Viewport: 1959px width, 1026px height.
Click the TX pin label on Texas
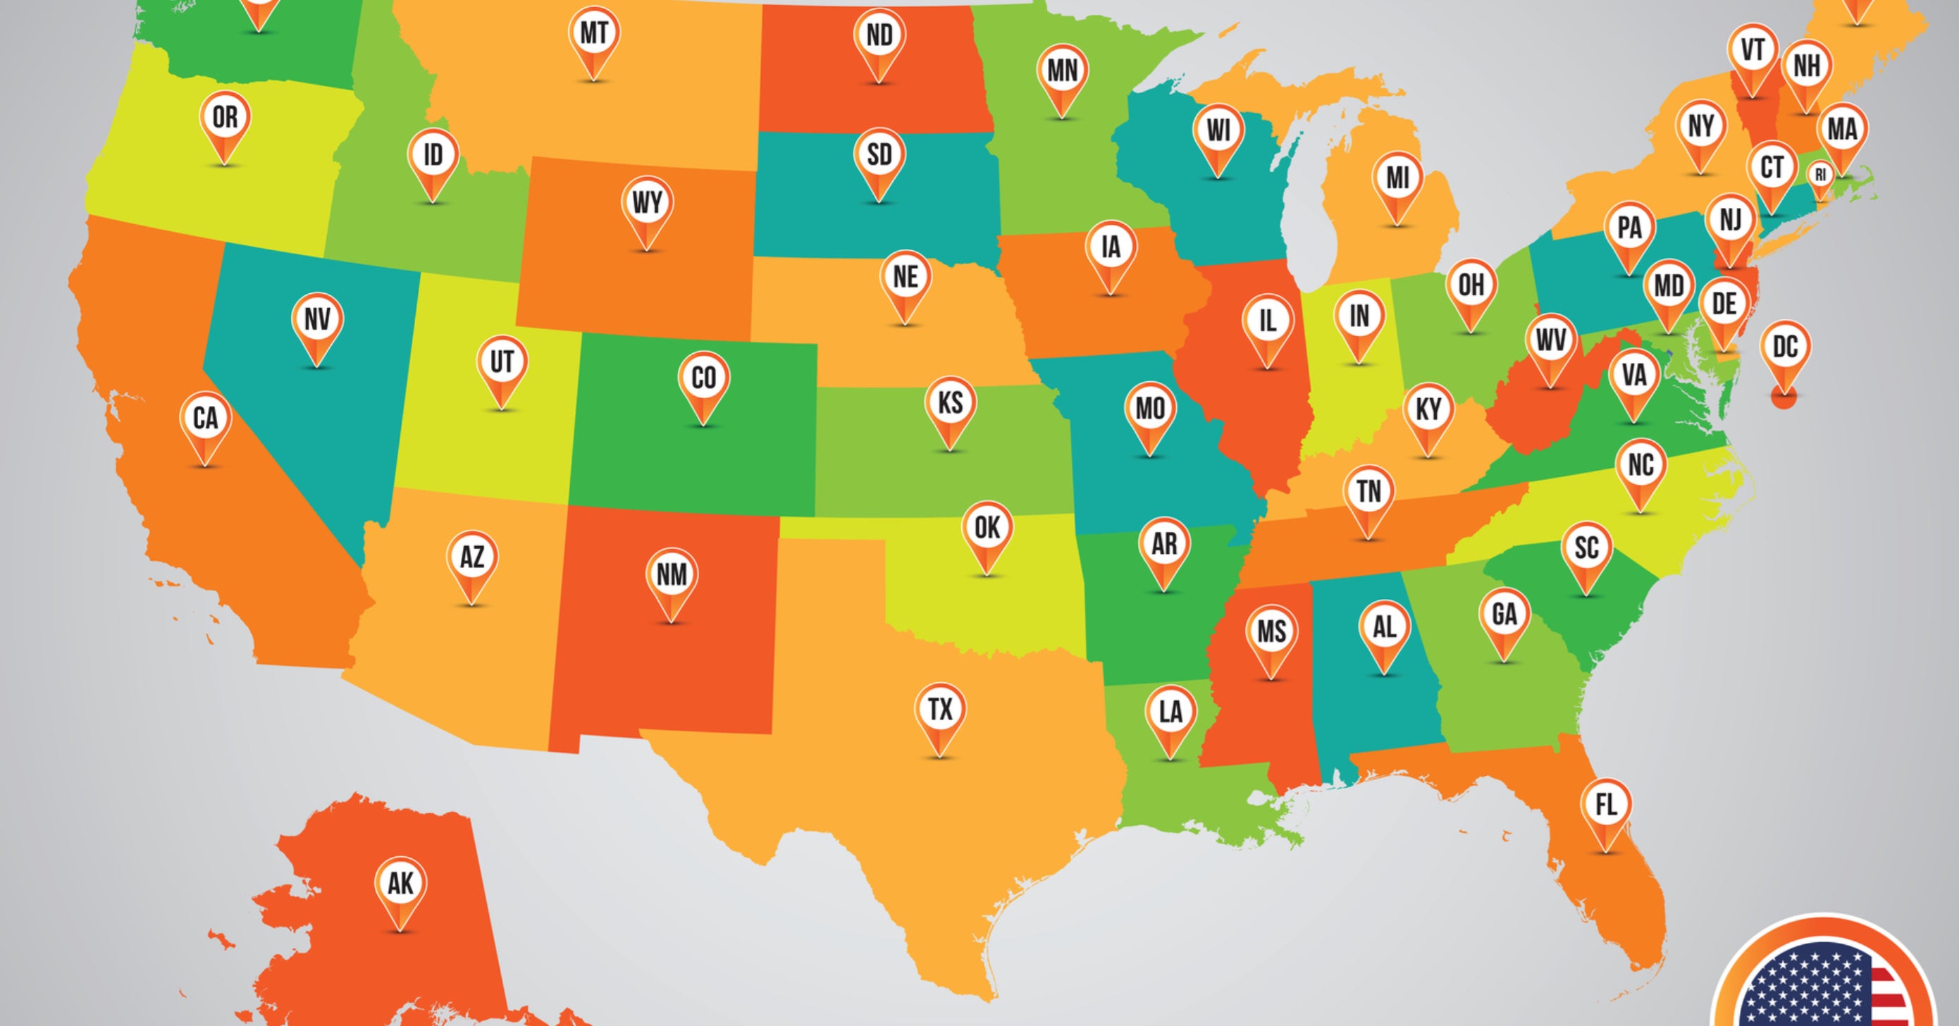(x=941, y=710)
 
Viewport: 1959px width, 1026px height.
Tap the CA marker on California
(x=205, y=419)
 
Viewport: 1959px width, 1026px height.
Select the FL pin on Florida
(x=1605, y=805)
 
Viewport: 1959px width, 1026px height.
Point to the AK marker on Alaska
(x=401, y=884)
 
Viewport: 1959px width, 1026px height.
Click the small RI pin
(x=1820, y=175)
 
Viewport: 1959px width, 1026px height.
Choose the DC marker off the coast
(x=1785, y=347)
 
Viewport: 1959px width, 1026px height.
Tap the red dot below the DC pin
(x=1784, y=397)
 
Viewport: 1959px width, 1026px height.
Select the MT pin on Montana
(x=594, y=33)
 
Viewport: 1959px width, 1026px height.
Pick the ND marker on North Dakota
(x=879, y=35)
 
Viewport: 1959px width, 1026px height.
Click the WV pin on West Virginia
(x=1550, y=340)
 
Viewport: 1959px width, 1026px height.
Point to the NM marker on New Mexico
(x=672, y=575)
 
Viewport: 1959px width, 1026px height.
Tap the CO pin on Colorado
(x=703, y=378)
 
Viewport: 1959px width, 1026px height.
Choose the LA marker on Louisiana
(x=1170, y=712)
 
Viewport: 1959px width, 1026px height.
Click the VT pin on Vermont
(x=1752, y=50)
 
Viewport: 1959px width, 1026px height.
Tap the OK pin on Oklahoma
(x=987, y=528)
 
